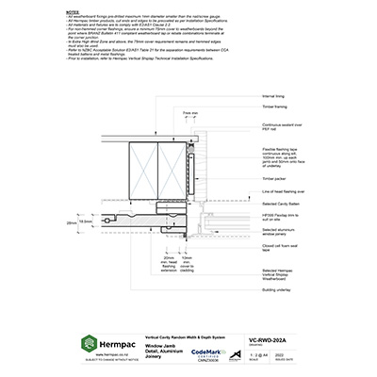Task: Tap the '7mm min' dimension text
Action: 190,112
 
